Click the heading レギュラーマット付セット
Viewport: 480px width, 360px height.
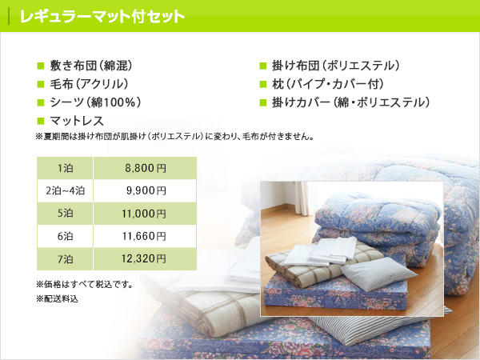click(102, 17)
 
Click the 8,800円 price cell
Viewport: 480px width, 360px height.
click(145, 168)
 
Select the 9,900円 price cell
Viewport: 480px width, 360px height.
click(145, 190)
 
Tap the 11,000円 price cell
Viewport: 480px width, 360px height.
click(145, 214)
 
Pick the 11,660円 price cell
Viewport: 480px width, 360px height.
click(145, 236)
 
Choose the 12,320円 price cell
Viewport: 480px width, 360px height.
click(145, 258)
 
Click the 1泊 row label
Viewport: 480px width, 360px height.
click(65, 168)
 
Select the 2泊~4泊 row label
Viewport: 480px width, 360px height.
click(65, 190)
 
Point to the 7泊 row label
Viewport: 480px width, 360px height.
click(65, 259)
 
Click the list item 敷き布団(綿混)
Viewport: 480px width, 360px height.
click(91, 66)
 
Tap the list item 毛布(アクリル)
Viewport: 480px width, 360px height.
click(89, 84)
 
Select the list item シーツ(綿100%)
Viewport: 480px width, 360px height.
click(95, 102)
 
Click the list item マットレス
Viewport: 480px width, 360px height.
click(77, 121)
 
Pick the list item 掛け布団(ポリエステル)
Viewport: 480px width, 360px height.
click(336, 66)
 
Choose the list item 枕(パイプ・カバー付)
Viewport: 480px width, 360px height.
click(328, 84)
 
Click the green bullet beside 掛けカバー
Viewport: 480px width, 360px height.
click(263, 102)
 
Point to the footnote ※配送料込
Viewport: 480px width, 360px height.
click(58, 298)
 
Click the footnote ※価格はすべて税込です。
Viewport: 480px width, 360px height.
click(85, 285)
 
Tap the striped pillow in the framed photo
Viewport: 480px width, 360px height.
click(378, 274)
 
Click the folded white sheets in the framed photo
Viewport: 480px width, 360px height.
click(322, 250)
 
